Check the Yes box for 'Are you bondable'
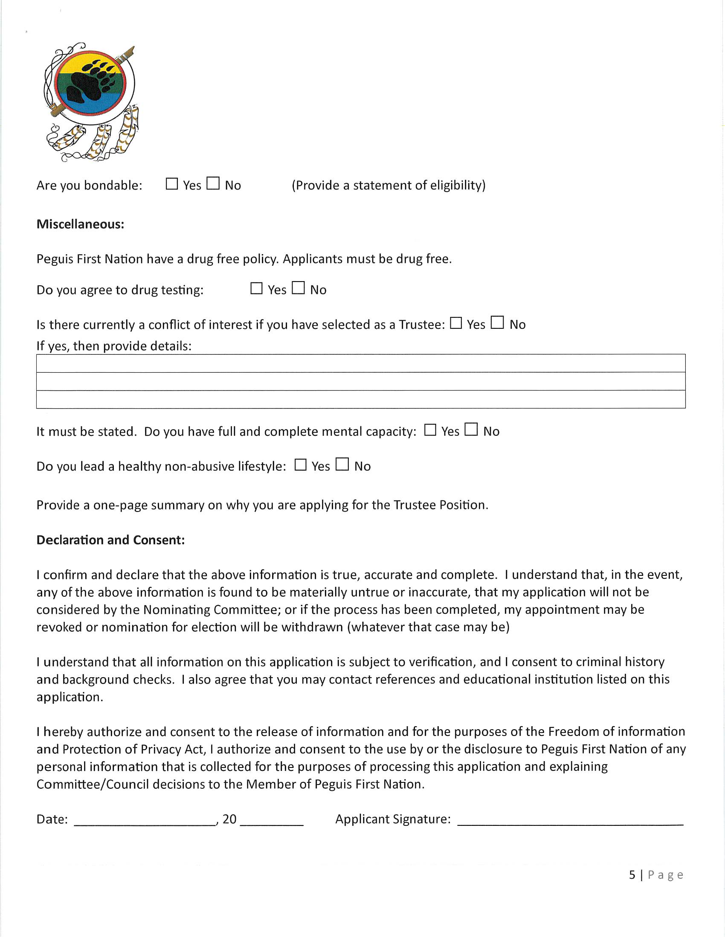pos(172,184)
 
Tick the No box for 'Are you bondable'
pos(213,184)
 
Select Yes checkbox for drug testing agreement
pos(256,288)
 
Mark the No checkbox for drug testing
pos(298,288)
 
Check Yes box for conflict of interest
pos(456,323)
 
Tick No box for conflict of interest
pos(497,323)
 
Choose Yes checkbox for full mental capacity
pos(430,430)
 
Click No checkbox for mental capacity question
pos(471,429)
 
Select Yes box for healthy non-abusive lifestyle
pos(301,465)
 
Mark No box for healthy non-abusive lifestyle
pos(342,464)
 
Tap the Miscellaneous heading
pos(80,224)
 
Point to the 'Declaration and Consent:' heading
pos(110,540)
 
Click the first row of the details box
pos(361,364)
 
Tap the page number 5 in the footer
pos(632,875)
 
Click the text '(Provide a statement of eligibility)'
pos(388,185)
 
